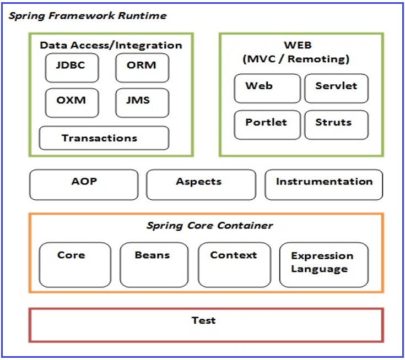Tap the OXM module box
pos(72,103)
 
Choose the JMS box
pos(142,103)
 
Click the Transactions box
pos(104,138)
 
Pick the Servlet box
pos(336,88)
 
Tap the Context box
pos(234,265)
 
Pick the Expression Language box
pos(323,265)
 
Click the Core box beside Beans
pos(75,265)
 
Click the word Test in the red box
pos(203,320)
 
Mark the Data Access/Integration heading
pos(111,45)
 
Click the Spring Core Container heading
pos(209,225)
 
